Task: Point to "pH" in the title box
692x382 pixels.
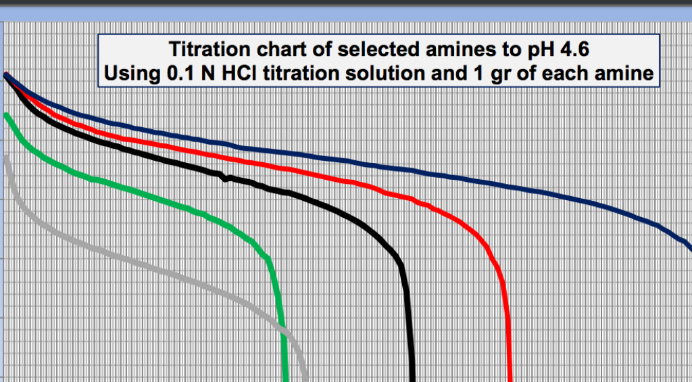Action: point(537,50)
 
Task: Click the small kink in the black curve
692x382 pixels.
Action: point(224,178)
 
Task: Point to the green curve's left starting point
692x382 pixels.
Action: point(6,116)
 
